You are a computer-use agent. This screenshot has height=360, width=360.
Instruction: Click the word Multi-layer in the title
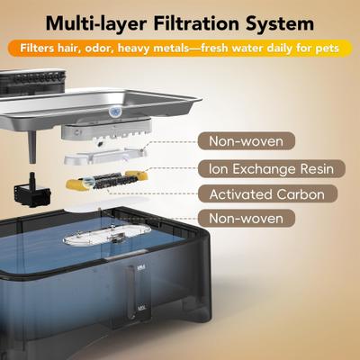(96, 23)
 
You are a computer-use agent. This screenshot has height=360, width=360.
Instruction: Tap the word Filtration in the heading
(196, 22)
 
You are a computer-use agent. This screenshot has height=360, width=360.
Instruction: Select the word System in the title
(280, 23)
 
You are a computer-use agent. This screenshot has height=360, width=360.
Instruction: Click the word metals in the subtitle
(173, 48)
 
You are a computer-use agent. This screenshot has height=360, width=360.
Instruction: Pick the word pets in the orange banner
(327, 49)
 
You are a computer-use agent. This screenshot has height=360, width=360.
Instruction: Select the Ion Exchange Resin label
(272, 169)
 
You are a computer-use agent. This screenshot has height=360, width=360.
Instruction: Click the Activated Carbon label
(267, 194)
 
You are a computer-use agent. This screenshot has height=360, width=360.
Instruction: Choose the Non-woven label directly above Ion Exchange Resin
(247, 141)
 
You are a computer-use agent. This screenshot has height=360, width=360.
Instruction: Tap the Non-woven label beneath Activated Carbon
(247, 218)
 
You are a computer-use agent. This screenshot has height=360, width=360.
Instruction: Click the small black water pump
(32, 190)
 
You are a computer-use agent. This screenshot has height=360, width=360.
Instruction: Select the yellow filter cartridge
(107, 180)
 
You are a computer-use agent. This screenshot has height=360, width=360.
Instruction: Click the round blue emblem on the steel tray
(114, 112)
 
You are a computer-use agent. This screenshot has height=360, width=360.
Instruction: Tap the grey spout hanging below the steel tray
(32, 147)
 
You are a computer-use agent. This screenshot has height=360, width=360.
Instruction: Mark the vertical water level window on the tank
(131, 292)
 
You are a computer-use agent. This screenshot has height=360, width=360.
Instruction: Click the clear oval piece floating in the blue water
(107, 235)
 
